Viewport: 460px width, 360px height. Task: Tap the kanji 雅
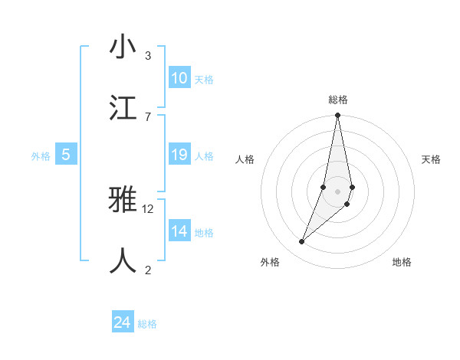click(x=123, y=201)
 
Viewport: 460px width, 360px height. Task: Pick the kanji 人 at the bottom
click(x=123, y=261)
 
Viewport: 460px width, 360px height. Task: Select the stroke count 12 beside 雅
click(x=148, y=208)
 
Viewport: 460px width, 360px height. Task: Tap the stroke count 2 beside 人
click(x=148, y=270)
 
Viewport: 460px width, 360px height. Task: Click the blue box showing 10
click(x=179, y=78)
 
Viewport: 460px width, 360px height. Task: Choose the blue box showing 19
click(x=179, y=155)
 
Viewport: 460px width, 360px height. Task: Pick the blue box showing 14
click(x=179, y=231)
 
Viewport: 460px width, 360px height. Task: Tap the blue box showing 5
click(x=66, y=155)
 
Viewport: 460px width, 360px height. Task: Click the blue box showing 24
click(x=123, y=322)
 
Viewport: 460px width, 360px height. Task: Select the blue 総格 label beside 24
click(x=147, y=324)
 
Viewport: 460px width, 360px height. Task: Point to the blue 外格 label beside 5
click(x=41, y=156)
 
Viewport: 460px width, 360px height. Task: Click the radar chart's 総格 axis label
click(x=338, y=100)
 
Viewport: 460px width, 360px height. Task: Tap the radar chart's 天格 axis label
click(x=431, y=159)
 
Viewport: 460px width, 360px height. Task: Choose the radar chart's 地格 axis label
click(x=402, y=262)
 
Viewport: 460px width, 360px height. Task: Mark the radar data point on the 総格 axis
click(x=337, y=116)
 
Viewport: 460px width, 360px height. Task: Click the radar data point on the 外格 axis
click(x=302, y=242)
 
